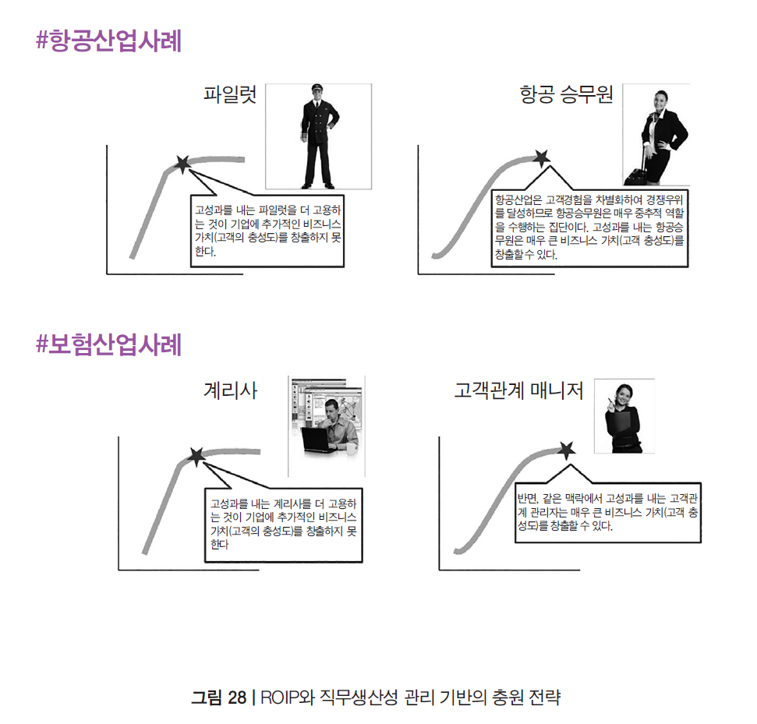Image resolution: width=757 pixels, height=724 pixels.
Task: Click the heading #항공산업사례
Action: tap(108, 41)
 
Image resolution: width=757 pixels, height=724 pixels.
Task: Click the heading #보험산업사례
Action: tap(108, 344)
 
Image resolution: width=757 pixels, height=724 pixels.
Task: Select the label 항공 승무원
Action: tap(566, 95)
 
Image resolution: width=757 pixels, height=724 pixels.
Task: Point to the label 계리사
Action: tap(230, 390)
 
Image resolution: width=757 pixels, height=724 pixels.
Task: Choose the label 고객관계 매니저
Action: tap(518, 390)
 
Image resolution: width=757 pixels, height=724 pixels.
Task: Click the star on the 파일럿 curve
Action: tap(182, 164)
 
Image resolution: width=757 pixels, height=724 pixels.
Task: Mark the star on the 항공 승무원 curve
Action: tap(540, 157)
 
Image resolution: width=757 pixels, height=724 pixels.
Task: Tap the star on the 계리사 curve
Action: tap(196, 455)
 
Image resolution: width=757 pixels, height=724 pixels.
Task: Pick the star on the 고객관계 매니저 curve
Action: tap(567, 449)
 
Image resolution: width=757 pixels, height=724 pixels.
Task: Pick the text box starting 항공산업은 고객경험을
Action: tap(589, 227)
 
